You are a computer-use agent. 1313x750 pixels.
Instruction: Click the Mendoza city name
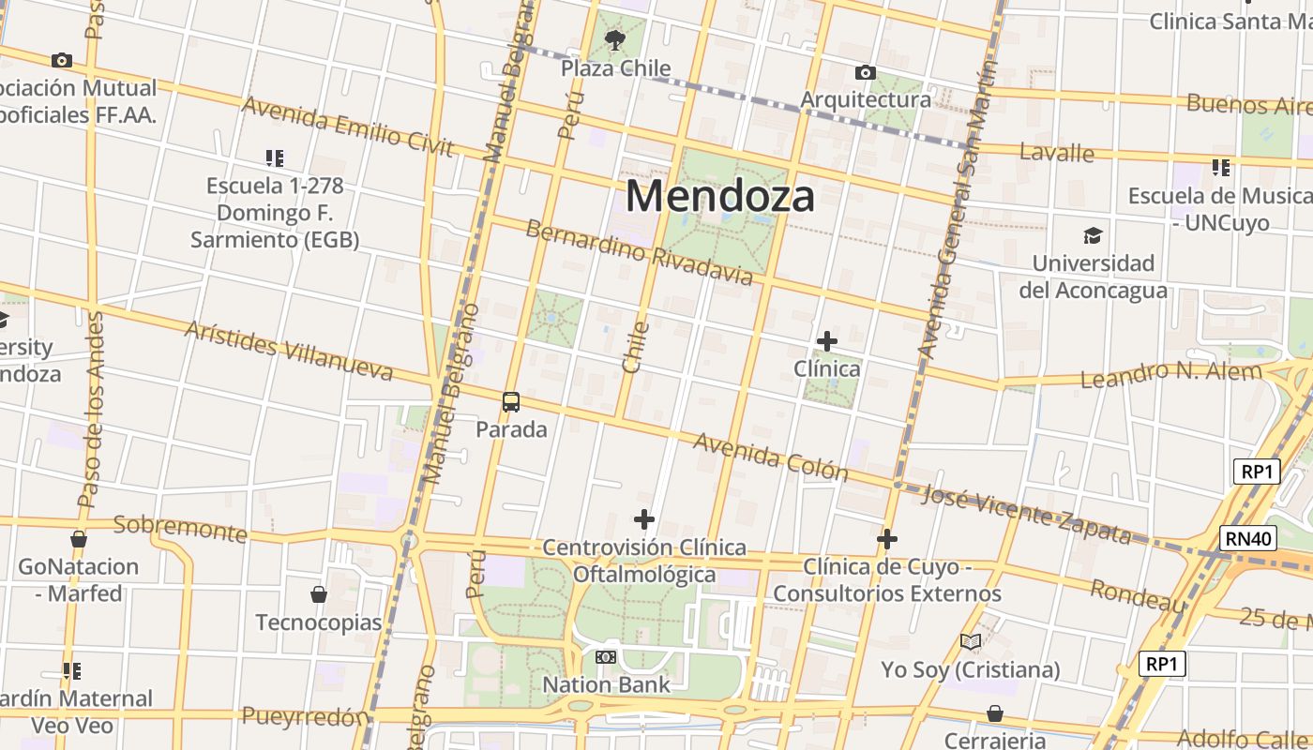(719, 197)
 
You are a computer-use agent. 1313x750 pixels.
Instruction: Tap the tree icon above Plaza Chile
(615, 39)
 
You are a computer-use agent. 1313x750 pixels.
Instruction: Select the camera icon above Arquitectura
(866, 72)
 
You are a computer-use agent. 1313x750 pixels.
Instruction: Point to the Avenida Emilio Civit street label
(347, 127)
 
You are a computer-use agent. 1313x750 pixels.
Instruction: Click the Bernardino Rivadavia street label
(639, 253)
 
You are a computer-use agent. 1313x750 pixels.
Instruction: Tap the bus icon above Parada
(511, 402)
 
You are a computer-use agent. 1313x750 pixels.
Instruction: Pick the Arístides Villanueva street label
(289, 351)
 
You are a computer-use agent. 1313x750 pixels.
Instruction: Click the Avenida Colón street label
(771, 457)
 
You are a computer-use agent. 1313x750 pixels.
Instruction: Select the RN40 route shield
(1248, 538)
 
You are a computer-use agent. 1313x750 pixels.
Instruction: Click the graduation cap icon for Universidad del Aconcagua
(1093, 235)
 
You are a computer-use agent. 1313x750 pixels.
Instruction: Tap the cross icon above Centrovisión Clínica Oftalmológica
(644, 519)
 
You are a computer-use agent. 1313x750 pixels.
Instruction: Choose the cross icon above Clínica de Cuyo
(887, 539)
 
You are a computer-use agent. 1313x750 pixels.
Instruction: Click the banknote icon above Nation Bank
(606, 657)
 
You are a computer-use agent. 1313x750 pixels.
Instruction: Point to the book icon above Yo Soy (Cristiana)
(971, 642)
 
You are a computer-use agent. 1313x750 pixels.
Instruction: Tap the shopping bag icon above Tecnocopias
(319, 594)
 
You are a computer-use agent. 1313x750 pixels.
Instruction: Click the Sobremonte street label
(180, 529)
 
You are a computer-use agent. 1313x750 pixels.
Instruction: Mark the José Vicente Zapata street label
(1026, 515)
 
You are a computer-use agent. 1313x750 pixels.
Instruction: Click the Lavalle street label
(1057, 152)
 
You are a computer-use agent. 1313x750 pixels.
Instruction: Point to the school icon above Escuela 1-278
(274, 158)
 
